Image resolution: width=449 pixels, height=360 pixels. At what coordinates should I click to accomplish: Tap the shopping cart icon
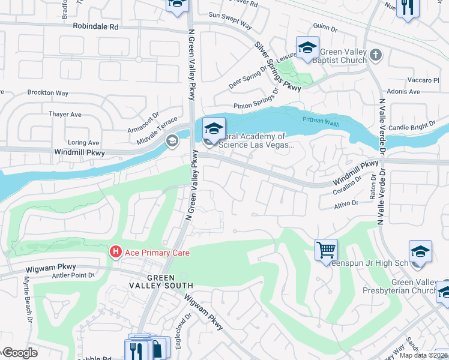click(326, 249)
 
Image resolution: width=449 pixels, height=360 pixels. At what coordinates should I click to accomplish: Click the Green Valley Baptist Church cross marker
click(376, 56)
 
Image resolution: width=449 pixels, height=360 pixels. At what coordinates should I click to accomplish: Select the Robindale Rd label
click(96, 27)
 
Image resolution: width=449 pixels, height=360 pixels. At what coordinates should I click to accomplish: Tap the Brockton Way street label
click(48, 93)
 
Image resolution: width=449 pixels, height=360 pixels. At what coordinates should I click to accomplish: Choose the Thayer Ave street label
click(65, 114)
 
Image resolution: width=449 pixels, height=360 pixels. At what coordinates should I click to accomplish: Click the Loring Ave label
click(83, 143)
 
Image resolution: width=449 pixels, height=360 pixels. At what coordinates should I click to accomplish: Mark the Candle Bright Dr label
click(412, 127)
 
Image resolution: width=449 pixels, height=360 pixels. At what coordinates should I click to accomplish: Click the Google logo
click(20, 353)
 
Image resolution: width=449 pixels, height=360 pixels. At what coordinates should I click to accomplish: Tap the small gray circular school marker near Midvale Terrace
click(172, 141)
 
